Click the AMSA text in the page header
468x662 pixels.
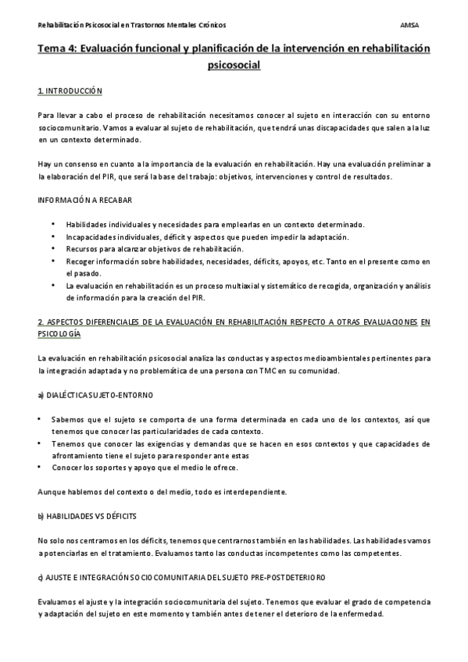pos(408,24)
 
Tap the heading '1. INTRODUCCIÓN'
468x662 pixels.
pos(70,91)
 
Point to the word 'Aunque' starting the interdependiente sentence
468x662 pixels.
pos(50,492)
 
